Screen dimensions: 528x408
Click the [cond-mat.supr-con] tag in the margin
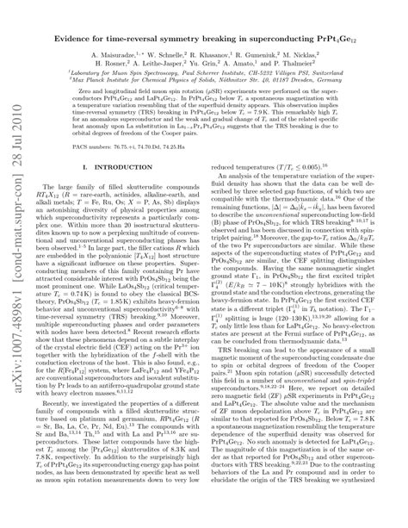click(14, 284)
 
